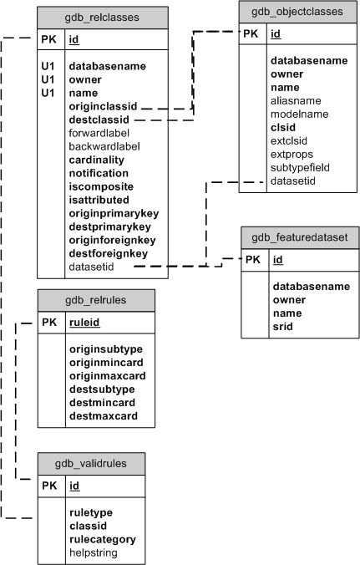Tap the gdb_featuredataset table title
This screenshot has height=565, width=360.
click(x=300, y=237)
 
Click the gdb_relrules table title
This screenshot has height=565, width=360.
click(x=96, y=299)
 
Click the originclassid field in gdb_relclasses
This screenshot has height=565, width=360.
click(x=104, y=106)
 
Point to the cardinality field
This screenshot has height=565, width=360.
click(x=97, y=160)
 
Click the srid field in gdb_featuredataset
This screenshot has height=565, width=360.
click(x=284, y=325)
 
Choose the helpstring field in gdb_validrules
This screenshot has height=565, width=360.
click(x=94, y=552)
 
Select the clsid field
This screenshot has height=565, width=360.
click(x=284, y=127)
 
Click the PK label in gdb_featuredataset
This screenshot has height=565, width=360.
click(x=253, y=260)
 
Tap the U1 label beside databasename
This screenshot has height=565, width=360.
click(x=48, y=66)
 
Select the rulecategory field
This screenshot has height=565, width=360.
click(x=103, y=539)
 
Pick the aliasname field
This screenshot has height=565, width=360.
click(x=296, y=100)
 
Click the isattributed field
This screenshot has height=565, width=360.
click(x=99, y=200)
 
